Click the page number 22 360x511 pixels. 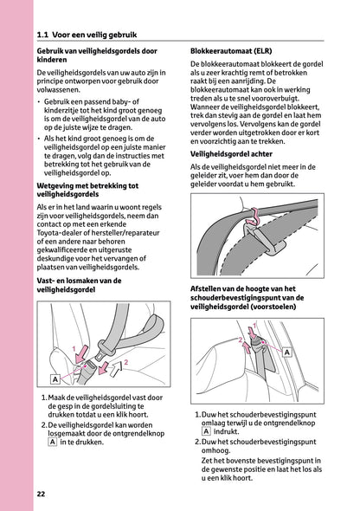pyautogui.click(x=41, y=494)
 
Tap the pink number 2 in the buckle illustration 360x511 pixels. pyautogui.click(x=126, y=360)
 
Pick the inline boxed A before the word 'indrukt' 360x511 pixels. pyautogui.click(x=206, y=431)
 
